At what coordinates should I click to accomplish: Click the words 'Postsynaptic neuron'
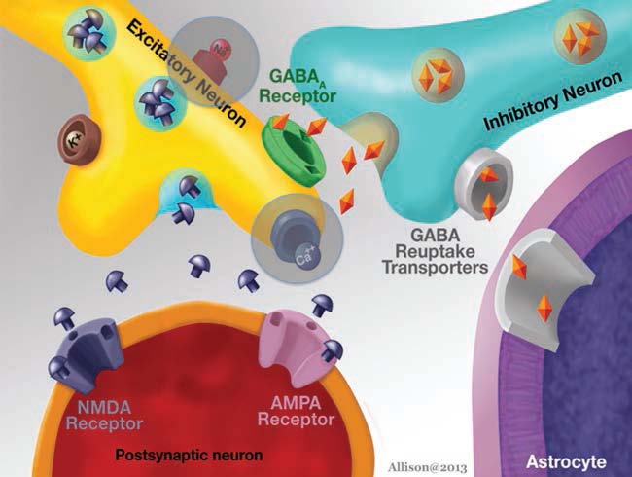click(189, 456)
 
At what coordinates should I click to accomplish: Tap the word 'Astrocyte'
click(566, 461)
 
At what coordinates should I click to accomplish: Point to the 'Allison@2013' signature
click(427, 467)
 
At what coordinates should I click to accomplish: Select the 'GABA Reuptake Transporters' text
click(436, 251)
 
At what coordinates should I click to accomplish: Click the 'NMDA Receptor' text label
click(104, 415)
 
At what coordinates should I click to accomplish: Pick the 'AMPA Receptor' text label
click(296, 412)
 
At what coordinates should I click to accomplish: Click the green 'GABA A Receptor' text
click(298, 86)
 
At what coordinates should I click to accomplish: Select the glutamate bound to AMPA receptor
click(333, 349)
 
